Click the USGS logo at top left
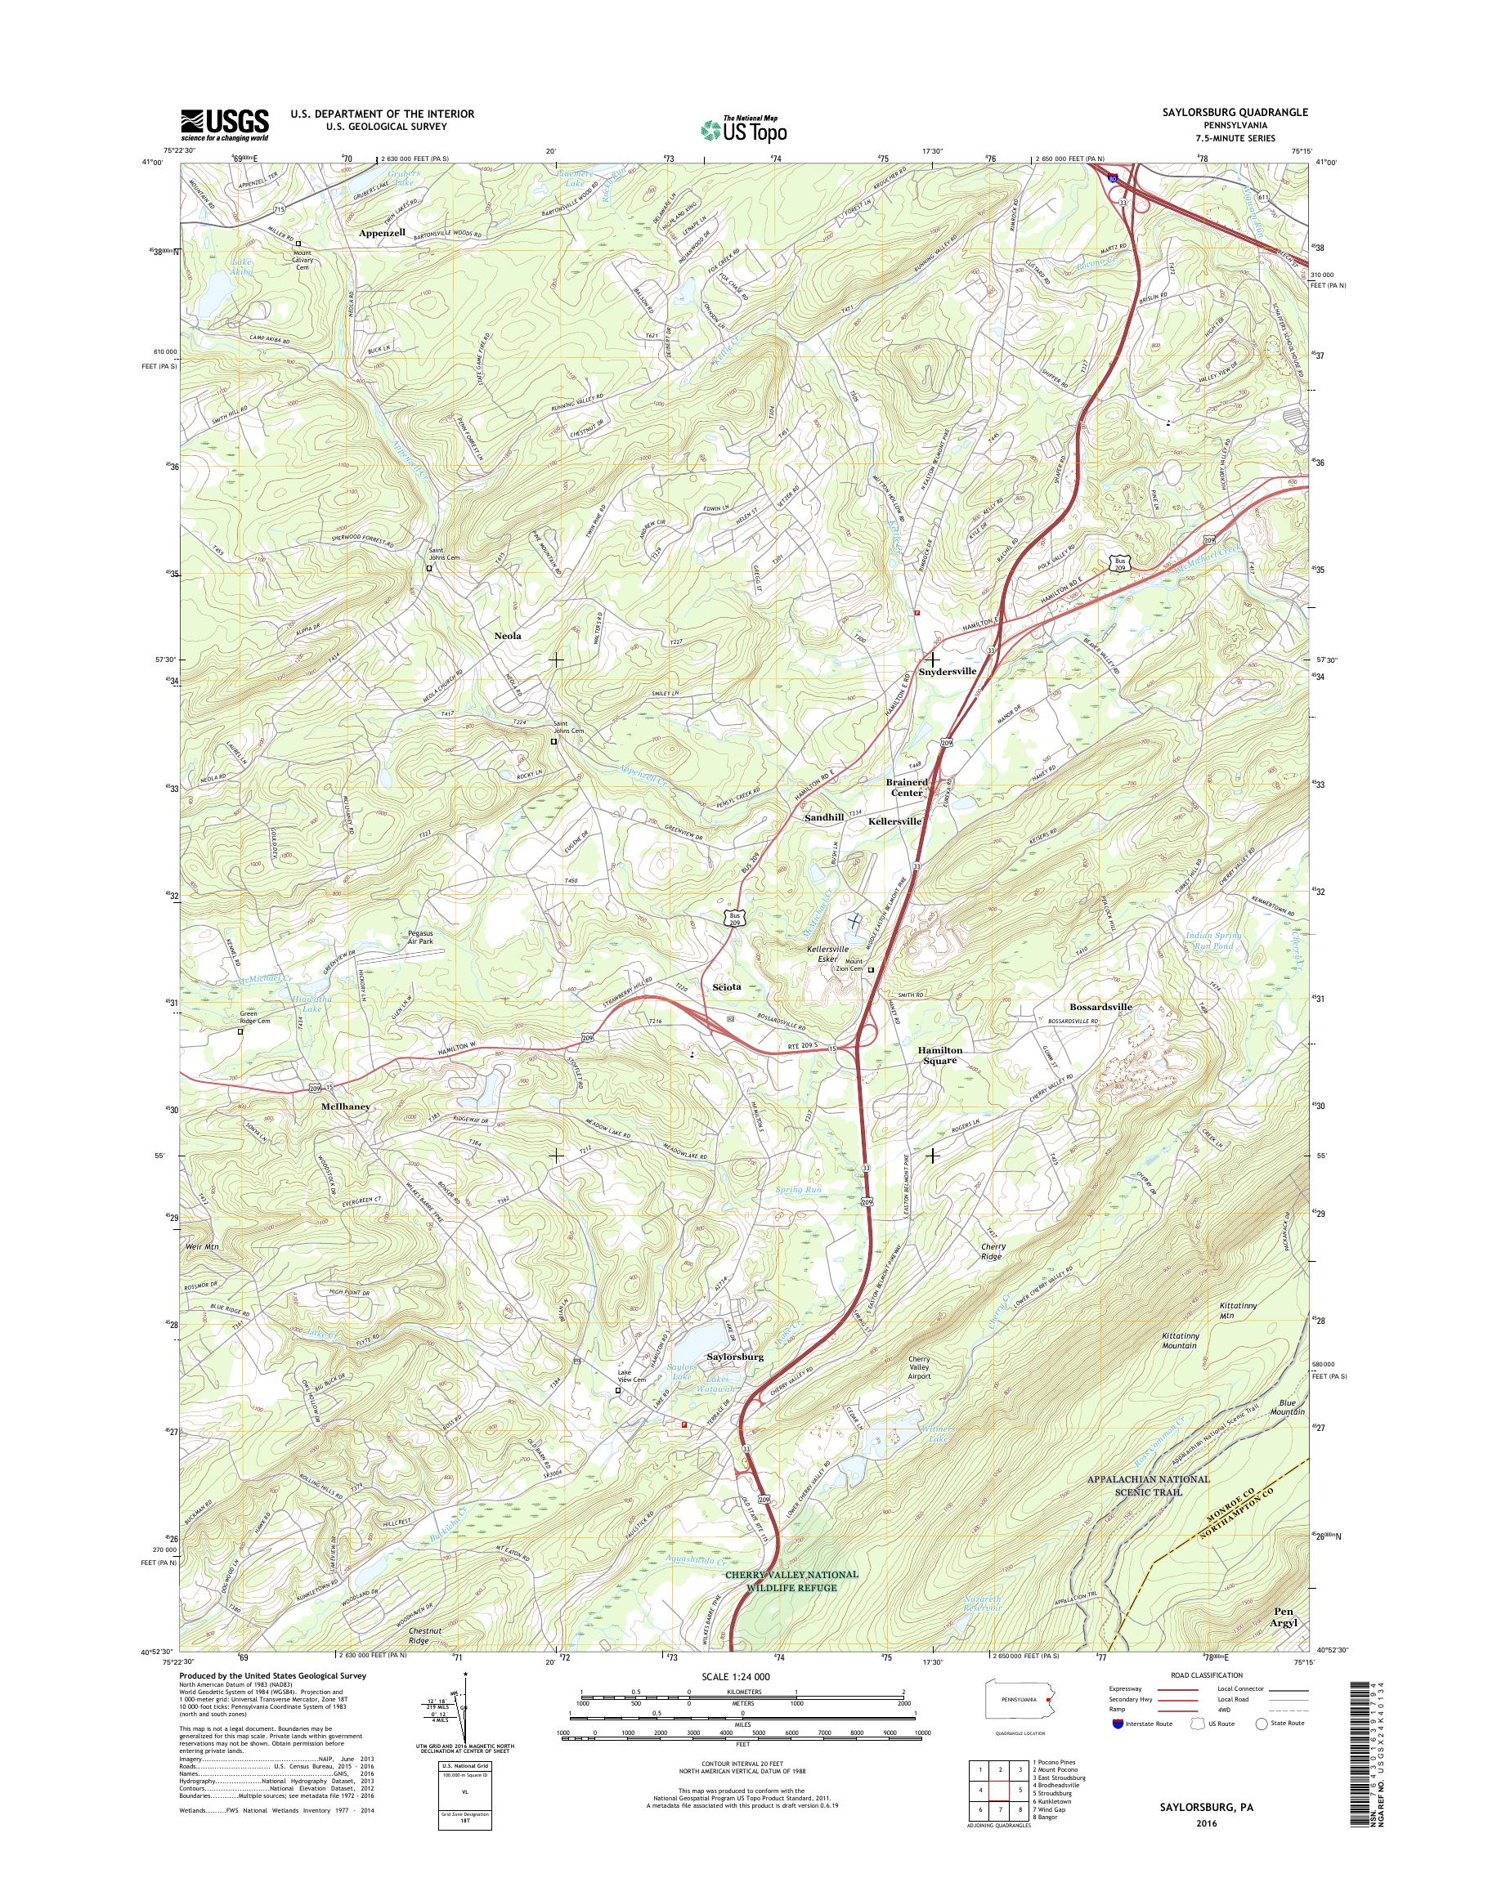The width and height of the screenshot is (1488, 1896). pyautogui.click(x=224, y=124)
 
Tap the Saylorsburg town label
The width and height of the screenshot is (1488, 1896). pyautogui.click(x=735, y=1357)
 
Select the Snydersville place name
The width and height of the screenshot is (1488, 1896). pyautogui.click(x=947, y=672)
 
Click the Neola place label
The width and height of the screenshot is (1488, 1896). pyautogui.click(x=508, y=636)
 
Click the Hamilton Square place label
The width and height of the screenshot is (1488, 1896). pyautogui.click(x=940, y=1056)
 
